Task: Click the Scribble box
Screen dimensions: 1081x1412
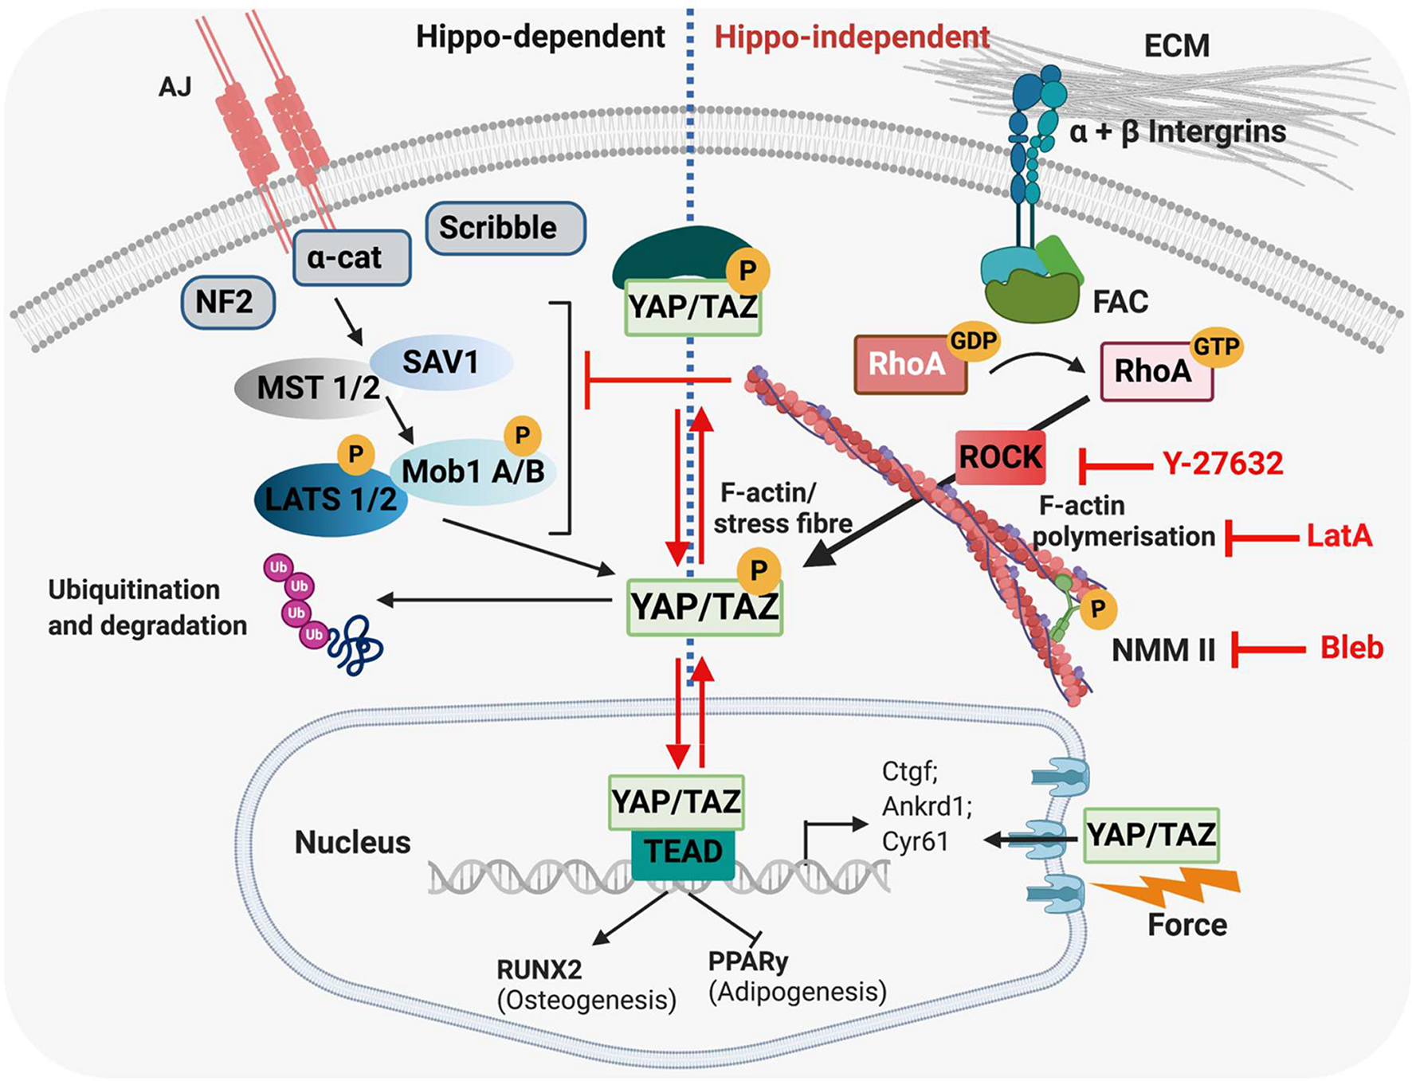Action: tap(506, 228)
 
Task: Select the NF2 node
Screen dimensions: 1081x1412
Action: tap(228, 303)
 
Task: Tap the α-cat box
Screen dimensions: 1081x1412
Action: tap(351, 258)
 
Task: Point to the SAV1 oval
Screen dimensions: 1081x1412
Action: tap(441, 362)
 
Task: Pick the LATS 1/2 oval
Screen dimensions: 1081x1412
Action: tap(330, 499)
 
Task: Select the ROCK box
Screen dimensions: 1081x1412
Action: tap(1001, 457)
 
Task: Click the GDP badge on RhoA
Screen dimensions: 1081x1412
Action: tap(974, 342)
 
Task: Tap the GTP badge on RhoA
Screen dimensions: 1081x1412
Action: tap(1216, 347)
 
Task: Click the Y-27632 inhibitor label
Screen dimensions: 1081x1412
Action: tap(1222, 464)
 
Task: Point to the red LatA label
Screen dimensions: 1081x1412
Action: tap(1339, 536)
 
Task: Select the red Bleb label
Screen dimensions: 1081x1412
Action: tap(1351, 648)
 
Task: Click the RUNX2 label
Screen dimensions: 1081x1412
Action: tap(539, 969)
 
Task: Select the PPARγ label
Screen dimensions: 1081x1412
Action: tap(748, 962)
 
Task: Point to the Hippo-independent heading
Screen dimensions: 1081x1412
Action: tap(851, 37)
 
